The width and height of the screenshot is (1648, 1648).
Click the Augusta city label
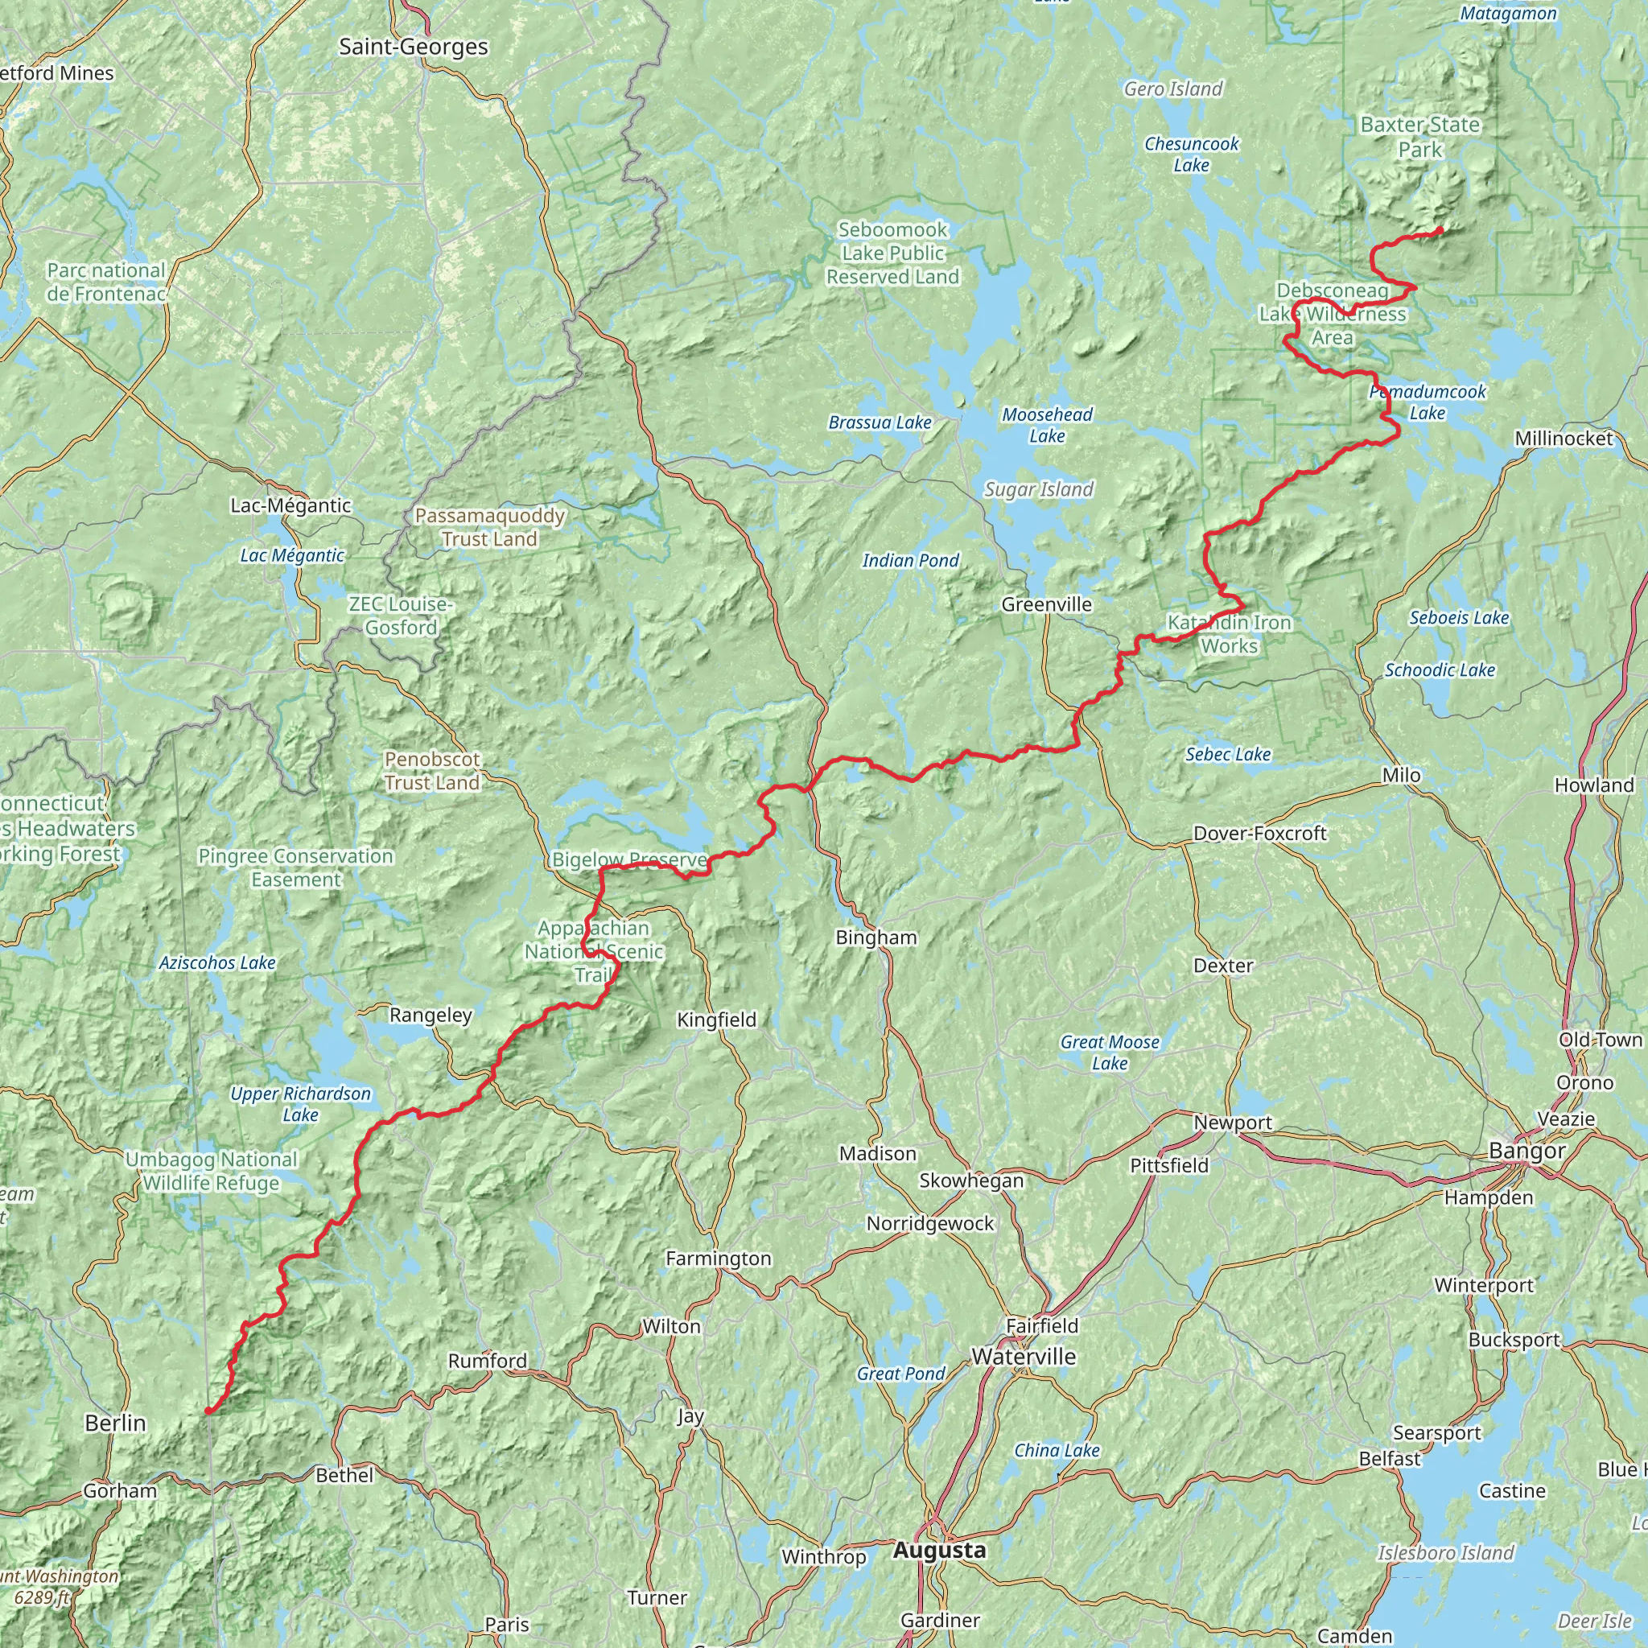point(939,1550)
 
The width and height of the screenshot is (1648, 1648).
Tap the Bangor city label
point(1526,1151)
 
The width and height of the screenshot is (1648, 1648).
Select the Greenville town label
point(1046,604)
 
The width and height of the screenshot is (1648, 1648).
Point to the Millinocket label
point(1564,439)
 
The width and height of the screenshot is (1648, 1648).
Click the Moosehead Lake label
point(1047,425)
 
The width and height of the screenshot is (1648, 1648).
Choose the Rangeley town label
point(430,1015)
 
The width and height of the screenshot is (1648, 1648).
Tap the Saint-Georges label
point(414,47)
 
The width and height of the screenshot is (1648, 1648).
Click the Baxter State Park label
point(1419,137)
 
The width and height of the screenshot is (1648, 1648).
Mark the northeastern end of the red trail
point(1440,229)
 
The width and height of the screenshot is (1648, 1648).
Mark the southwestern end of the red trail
point(208,1411)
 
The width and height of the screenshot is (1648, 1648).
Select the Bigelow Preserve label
point(629,860)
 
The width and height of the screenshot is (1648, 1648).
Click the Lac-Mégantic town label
point(290,505)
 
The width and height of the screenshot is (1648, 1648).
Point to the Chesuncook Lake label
point(1191,154)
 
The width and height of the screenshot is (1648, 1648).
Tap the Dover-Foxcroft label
point(1259,833)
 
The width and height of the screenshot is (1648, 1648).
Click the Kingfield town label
point(715,1020)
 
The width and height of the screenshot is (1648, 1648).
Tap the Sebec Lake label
point(1227,754)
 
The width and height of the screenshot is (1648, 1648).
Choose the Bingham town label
point(876,937)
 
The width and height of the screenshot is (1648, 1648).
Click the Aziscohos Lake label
point(216,963)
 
